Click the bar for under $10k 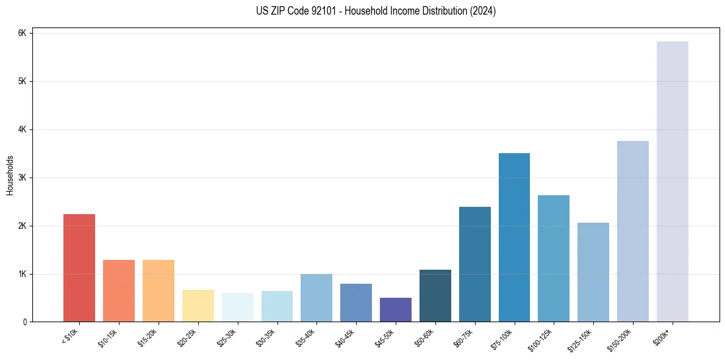coord(79,268)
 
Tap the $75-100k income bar coord(514,237)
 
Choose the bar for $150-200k coord(633,231)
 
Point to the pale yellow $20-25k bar coord(198,306)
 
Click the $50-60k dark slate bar coord(435,296)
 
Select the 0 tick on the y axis coord(24,322)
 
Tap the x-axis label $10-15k coord(109,337)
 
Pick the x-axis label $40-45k coord(346,337)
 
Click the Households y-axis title coord(10,175)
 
